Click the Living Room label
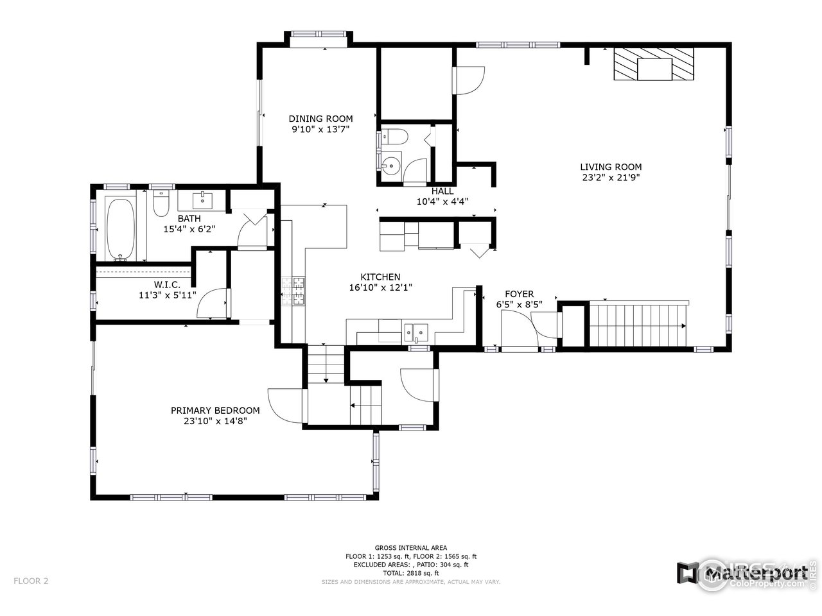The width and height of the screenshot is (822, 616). click(x=611, y=167)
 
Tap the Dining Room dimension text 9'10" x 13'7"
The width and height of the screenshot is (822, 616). click(x=320, y=129)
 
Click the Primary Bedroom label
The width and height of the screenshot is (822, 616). click(x=215, y=411)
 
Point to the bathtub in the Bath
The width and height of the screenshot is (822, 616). click(x=121, y=228)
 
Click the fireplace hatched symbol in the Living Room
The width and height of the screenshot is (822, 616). click(x=654, y=64)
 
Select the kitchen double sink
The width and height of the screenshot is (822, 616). click(x=416, y=331)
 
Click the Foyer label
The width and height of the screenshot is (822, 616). click(x=519, y=294)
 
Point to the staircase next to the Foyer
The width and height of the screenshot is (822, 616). click(x=638, y=325)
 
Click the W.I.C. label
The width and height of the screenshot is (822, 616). click(x=167, y=284)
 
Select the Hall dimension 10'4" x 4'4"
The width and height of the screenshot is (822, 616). click(x=442, y=201)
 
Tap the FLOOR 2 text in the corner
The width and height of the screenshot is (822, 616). click(x=30, y=581)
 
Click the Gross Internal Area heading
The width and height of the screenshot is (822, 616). click(x=411, y=548)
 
